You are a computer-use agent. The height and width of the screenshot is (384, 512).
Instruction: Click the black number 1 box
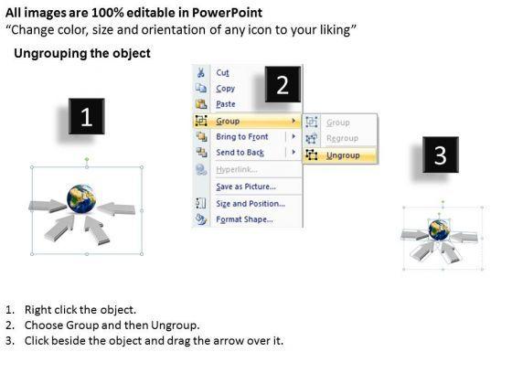tap(87, 116)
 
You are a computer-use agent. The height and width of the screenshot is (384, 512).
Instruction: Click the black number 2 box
tap(283, 84)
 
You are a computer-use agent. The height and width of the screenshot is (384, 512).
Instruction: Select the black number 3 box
tap(441, 155)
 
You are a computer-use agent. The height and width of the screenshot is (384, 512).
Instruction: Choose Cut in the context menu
tap(223, 72)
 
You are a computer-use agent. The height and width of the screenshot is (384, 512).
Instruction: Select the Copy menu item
tap(225, 89)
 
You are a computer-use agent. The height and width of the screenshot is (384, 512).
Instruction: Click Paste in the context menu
tap(226, 104)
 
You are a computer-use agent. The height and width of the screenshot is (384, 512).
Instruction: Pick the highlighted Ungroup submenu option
tap(343, 155)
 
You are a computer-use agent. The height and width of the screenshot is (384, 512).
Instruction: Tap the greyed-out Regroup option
tap(342, 138)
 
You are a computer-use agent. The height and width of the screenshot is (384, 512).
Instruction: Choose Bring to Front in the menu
tap(242, 136)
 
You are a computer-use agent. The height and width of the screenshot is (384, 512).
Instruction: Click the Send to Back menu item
tap(240, 153)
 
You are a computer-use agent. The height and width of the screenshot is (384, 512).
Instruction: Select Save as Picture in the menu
tap(246, 187)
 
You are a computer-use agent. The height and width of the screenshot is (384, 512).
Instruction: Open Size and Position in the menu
tap(251, 203)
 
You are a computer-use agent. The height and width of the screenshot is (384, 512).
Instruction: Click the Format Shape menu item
tap(244, 219)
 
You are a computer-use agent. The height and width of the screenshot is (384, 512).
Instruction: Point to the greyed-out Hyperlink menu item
tap(237, 169)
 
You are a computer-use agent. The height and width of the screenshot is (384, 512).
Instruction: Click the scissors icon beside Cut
tap(201, 72)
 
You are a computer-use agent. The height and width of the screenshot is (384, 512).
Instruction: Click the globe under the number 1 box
tap(81, 199)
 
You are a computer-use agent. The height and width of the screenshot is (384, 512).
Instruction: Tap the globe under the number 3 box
tap(439, 229)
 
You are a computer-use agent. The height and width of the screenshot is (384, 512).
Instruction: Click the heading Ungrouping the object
tap(82, 53)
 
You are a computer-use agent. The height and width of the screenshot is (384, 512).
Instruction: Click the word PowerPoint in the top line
tap(227, 13)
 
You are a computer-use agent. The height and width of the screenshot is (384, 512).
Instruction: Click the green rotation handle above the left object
tap(87, 159)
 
